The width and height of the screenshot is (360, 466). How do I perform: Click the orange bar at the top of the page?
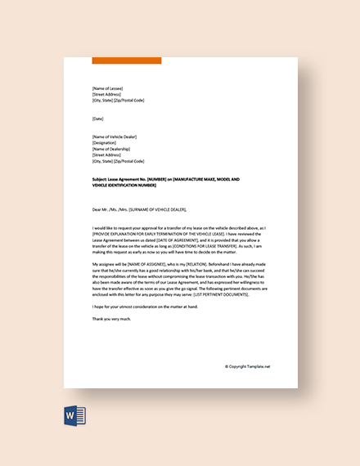(127, 60)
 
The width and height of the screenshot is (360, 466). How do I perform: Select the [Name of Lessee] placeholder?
(110, 88)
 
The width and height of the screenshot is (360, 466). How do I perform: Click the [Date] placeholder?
(98, 119)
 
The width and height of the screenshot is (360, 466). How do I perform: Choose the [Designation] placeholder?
(106, 143)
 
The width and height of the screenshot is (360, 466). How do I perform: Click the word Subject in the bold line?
(102, 178)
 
